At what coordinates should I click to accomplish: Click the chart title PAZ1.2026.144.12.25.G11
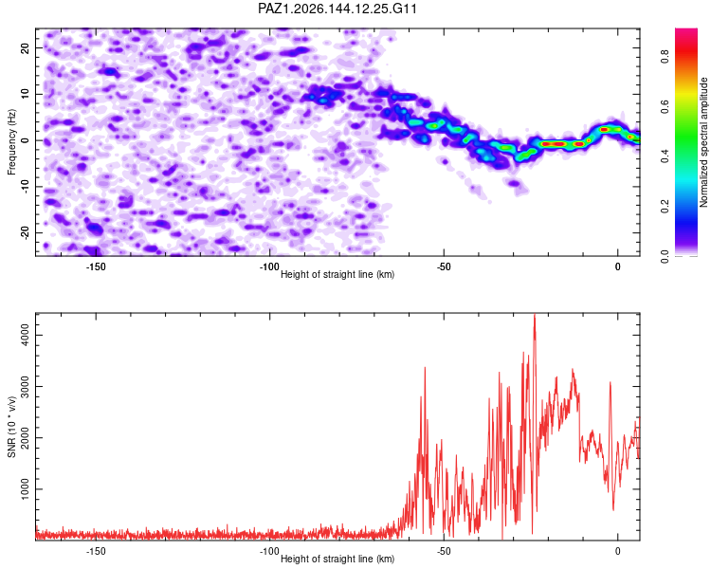click(337, 9)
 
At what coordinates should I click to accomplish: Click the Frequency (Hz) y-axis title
click(11, 142)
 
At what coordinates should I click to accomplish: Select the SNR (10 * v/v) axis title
click(11, 427)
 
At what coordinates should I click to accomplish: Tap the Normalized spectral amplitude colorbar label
click(703, 142)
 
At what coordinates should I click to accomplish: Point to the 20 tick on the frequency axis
click(25, 47)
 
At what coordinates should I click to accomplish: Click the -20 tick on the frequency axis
click(25, 232)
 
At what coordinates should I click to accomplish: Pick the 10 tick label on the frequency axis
click(25, 94)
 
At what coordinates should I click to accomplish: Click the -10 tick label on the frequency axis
click(25, 187)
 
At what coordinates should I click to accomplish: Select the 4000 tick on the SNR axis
click(25, 336)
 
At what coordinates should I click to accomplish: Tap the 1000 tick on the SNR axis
click(25, 489)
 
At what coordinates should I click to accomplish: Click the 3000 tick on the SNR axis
click(25, 387)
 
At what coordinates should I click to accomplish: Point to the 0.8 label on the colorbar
click(665, 57)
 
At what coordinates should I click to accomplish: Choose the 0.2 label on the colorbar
click(665, 207)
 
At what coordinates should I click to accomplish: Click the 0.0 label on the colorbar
click(665, 256)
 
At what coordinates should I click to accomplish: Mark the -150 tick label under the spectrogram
click(96, 266)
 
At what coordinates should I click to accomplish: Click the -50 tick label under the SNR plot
click(444, 551)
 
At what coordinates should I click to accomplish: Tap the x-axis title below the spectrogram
click(337, 274)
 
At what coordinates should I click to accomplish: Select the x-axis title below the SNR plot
click(337, 559)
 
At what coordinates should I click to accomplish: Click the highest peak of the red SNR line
click(535, 314)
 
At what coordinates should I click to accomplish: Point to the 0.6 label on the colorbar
click(665, 106)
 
